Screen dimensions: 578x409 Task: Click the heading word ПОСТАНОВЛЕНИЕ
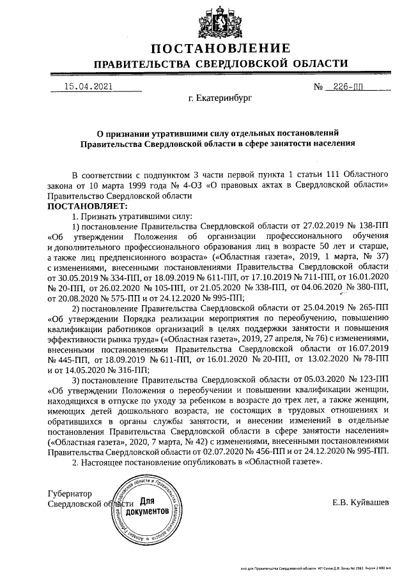click(220, 49)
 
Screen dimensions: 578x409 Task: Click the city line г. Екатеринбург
click(220, 100)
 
